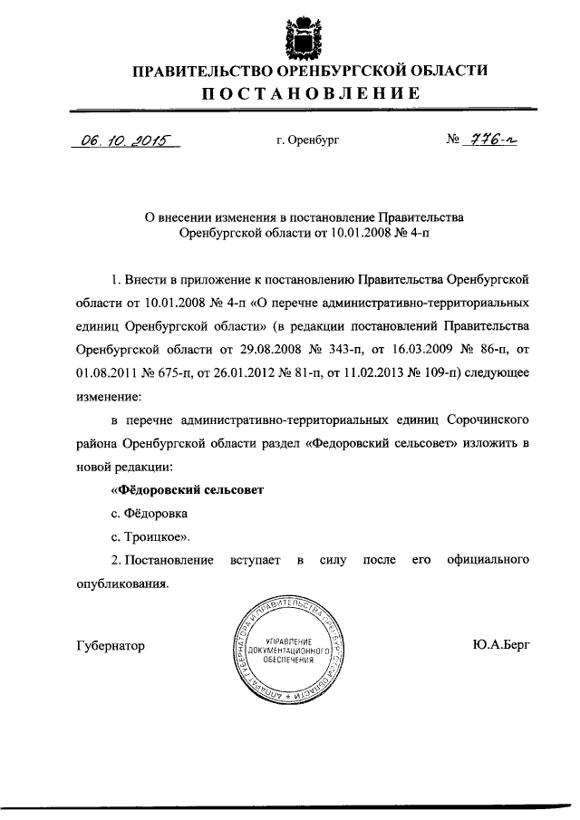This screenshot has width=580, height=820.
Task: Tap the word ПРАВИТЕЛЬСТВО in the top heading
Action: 189,71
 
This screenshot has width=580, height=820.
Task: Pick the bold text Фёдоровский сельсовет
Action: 187,489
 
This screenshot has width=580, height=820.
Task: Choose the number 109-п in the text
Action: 435,371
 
